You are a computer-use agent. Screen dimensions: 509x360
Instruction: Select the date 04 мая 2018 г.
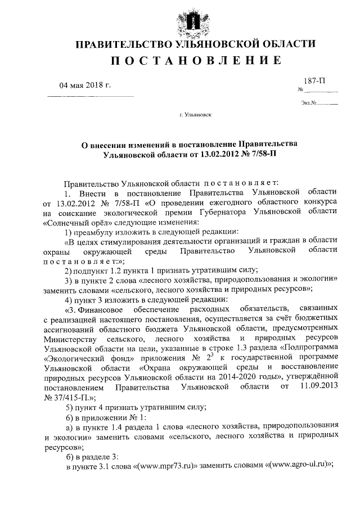85,85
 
